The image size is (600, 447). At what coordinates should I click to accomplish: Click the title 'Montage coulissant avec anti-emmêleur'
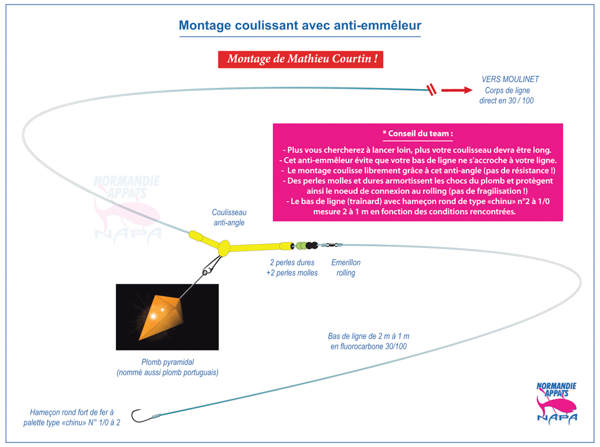300,25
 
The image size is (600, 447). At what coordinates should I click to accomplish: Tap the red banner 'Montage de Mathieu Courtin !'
301,59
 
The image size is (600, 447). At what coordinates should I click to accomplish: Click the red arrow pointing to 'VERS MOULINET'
457,90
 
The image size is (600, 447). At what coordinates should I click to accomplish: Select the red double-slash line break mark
432,90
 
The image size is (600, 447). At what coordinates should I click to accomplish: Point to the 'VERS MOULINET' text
510,79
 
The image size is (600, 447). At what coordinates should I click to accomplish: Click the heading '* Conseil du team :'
418,134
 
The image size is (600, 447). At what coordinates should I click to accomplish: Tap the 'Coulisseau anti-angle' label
229,217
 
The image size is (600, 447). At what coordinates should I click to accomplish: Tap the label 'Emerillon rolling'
346,268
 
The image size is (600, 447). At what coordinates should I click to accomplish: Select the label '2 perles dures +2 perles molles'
292,268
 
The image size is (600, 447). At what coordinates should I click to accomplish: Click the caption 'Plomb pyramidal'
168,362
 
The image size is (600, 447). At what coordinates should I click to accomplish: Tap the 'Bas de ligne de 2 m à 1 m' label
369,336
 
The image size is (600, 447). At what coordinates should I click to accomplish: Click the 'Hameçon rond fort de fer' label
71,412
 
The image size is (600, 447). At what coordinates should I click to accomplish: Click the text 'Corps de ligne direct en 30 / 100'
507,95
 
